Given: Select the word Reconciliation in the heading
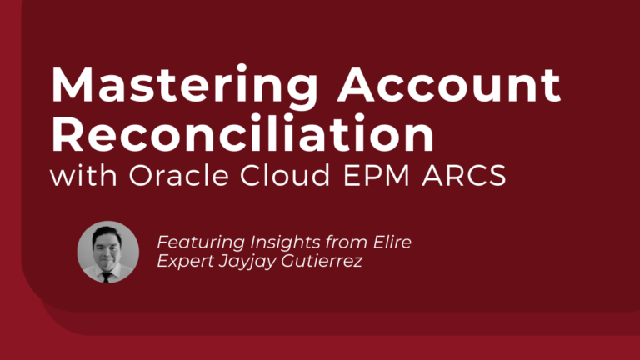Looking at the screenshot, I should [x=242, y=133].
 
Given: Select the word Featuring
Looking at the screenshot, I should [x=196, y=242].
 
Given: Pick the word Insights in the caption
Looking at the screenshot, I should [x=279, y=242].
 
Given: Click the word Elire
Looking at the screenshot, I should [x=391, y=242].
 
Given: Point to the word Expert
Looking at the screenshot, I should [x=183, y=260].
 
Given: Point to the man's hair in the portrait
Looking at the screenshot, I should [x=107, y=229].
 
